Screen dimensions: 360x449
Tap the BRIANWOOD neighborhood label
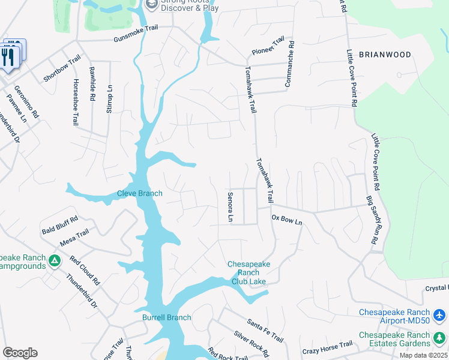click(x=385, y=55)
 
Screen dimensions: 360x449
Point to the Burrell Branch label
click(x=166, y=317)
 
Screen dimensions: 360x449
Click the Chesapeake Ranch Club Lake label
click(x=249, y=272)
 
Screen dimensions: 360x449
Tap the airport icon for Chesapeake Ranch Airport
click(x=439, y=315)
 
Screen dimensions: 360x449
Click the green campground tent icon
click(x=55, y=261)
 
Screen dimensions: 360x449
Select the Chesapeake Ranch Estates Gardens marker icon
click(x=439, y=339)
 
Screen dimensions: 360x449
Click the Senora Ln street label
click(x=230, y=207)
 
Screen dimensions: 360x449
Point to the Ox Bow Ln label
click(x=287, y=220)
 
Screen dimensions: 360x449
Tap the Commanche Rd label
click(x=290, y=64)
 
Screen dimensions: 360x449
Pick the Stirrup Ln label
click(x=109, y=96)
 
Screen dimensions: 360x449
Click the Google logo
click(x=20, y=352)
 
